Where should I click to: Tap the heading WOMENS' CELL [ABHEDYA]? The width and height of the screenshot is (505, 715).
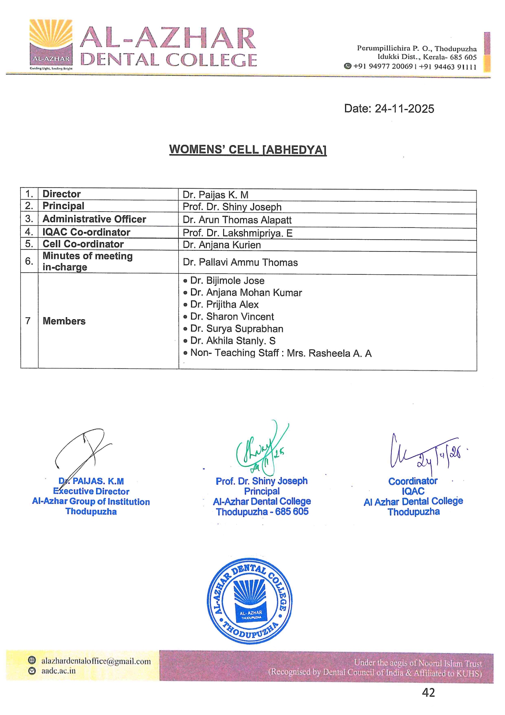point(248,150)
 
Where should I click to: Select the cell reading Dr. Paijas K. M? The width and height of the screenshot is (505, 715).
point(215,195)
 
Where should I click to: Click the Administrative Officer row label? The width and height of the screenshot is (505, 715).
point(94,219)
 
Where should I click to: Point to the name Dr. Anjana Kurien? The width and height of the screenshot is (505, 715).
point(222,245)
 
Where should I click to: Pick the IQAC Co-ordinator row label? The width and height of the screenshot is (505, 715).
point(86,232)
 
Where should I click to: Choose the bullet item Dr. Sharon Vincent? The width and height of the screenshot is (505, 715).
point(232,317)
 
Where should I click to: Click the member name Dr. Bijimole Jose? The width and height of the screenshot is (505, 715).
point(227,281)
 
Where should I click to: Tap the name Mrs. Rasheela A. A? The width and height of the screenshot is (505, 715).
point(329,353)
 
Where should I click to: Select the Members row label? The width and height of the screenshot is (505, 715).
point(64,321)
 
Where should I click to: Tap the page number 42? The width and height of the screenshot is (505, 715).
point(428,693)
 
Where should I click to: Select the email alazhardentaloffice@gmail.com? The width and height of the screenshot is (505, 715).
point(96,661)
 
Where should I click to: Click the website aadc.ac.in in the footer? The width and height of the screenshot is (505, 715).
point(58,671)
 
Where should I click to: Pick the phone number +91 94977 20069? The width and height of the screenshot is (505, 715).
point(383,66)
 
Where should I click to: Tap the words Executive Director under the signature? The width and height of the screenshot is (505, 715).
point(91,492)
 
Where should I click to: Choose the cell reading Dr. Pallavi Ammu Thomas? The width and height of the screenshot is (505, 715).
point(240,263)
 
